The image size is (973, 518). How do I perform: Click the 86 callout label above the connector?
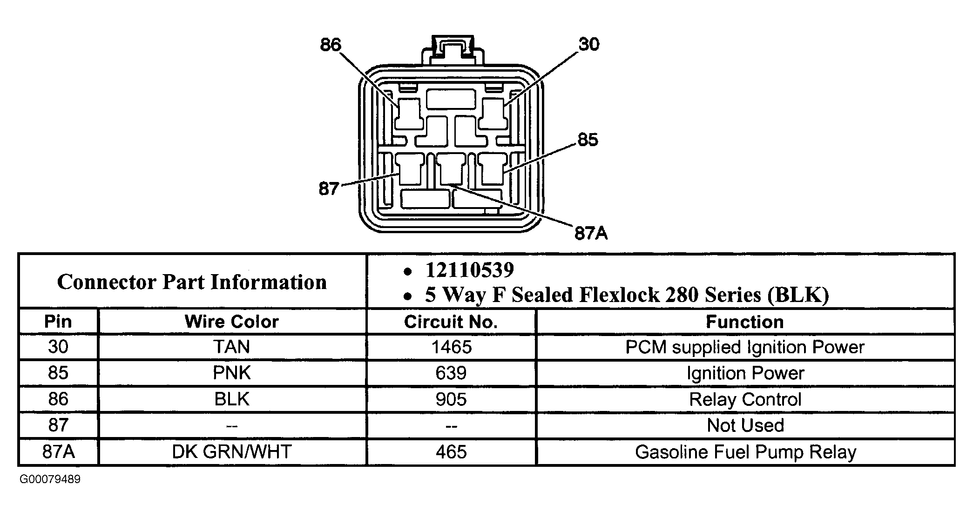(x=331, y=45)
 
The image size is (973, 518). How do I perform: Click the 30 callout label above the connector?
(x=589, y=44)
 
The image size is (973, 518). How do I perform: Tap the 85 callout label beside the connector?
(x=588, y=140)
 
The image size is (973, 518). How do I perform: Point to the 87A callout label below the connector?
(x=591, y=233)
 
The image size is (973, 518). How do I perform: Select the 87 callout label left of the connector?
(x=329, y=189)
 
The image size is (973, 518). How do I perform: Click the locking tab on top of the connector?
(x=453, y=49)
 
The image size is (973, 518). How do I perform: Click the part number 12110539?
(x=470, y=270)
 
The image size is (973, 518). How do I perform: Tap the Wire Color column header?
(x=232, y=322)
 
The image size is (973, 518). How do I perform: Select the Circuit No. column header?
(x=451, y=322)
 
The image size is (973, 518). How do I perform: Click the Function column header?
(x=745, y=322)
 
